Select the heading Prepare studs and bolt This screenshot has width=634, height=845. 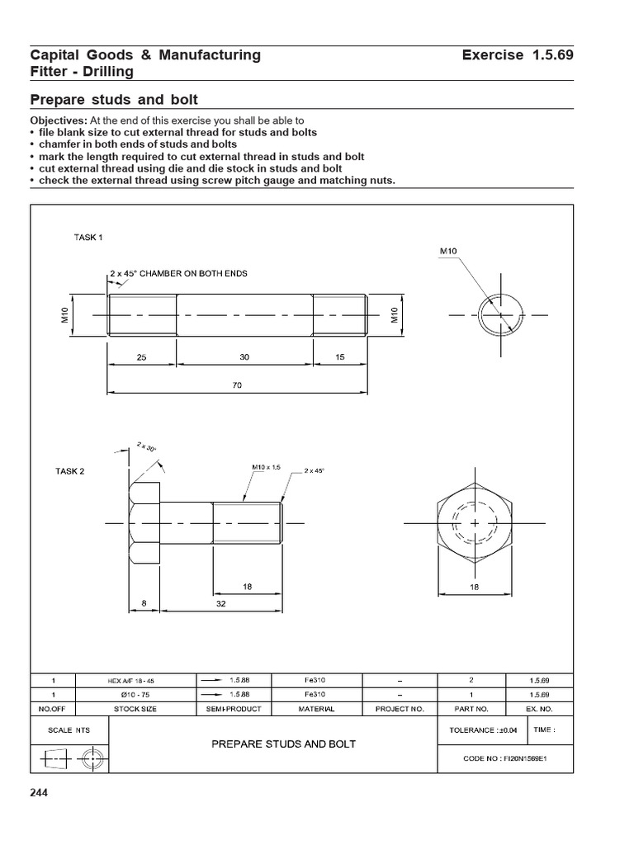click(x=114, y=101)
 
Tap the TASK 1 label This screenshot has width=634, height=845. click(x=89, y=237)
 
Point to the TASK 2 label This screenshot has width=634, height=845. click(x=71, y=471)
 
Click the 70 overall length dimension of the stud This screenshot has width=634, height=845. click(x=237, y=385)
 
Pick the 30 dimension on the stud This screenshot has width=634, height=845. click(x=244, y=357)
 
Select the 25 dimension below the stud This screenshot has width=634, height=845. click(x=142, y=357)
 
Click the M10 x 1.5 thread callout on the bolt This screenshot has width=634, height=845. click(x=267, y=468)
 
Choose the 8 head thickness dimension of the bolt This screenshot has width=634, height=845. click(x=143, y=603)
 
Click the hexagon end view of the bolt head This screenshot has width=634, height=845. click(x=475, y=523)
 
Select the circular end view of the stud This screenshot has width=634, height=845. click(x=499, y=314)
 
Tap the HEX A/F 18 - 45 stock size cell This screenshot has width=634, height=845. click(x=136, y=681)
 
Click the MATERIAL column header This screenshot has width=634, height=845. click(x=317, y=709)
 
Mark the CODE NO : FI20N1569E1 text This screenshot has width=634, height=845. click(x=506, y=759)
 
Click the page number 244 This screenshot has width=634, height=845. click(x=39, y=794)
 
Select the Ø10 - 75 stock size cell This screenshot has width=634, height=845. click(x=136, y=695)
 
